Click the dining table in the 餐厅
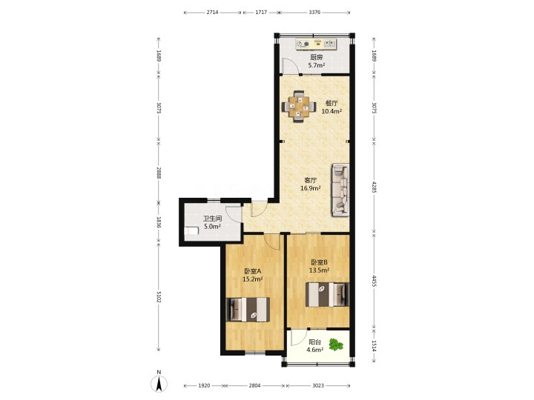point(299,107)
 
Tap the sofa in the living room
point(340,190)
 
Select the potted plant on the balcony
point(336,344)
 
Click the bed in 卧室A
point(248,309)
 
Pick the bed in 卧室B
point(327,295)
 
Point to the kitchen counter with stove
point(316,44)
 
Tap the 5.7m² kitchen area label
point(317,66)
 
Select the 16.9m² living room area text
point(311,188)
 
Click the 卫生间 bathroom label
point(213,219)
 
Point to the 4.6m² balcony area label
point(314,350)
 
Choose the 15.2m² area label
point(252,279)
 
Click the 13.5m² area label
point(319,270)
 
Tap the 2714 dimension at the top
point(213,13)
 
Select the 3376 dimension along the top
point(314,13)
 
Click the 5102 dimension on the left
point(159,297)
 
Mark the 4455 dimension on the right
point(374,281)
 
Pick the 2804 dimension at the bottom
point(254,386)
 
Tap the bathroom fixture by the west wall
point(191,231)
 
